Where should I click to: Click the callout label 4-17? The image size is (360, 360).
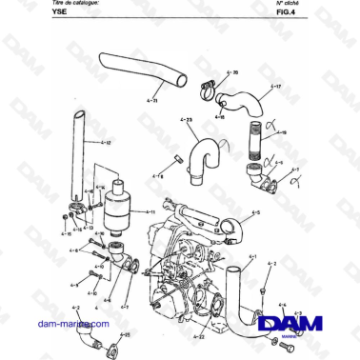coord(276,87)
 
